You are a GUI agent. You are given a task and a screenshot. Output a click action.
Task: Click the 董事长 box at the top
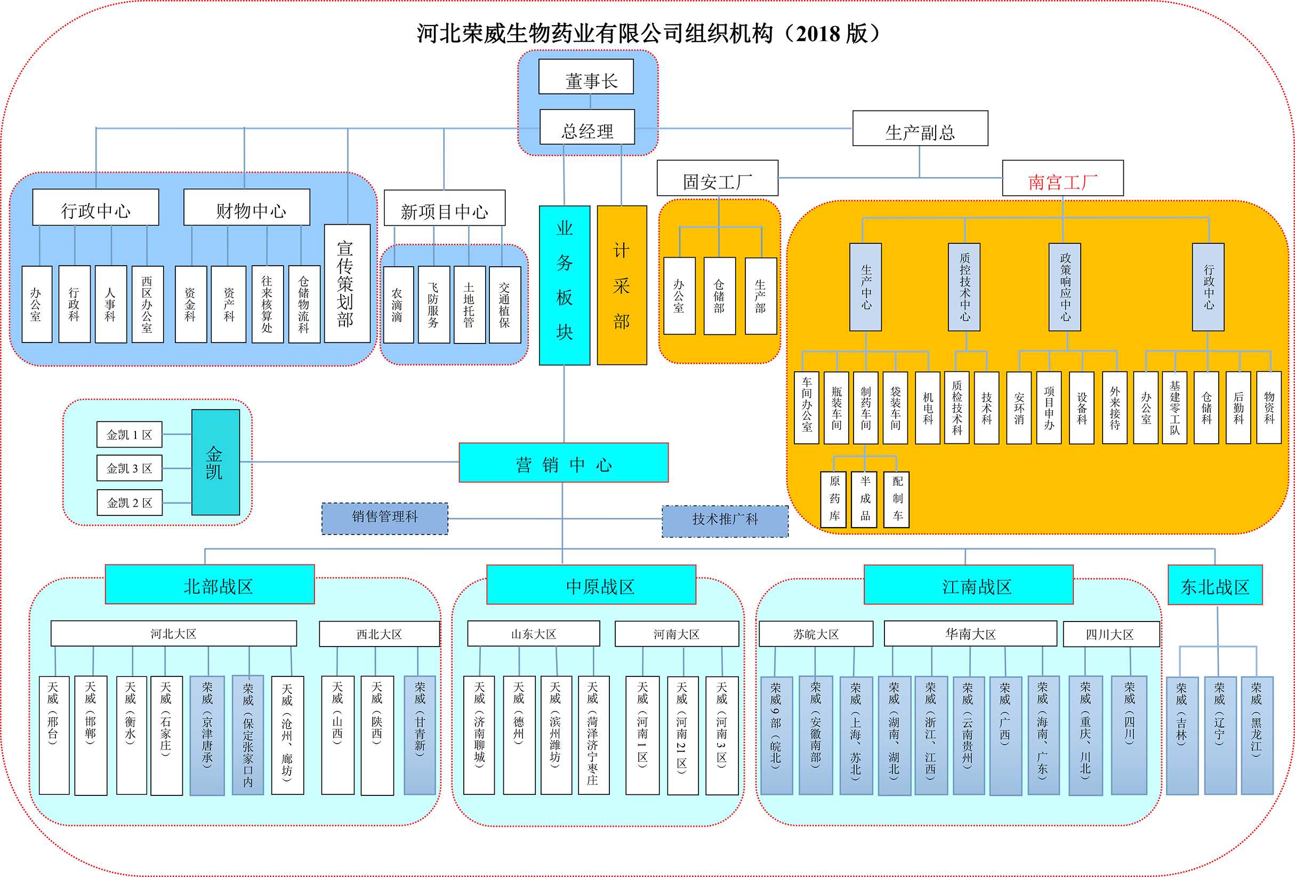pos(586,77)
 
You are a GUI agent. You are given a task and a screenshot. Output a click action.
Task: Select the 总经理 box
pos(588,127)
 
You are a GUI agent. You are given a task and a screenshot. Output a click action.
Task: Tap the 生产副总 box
pos(920,129)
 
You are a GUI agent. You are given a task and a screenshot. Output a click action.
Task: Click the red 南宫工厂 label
pos(1063,178)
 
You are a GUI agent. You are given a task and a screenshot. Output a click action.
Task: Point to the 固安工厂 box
pos(717,178)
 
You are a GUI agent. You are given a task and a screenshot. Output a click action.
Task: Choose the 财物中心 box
pos(247,208)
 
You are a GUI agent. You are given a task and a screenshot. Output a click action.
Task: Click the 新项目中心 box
pos(445,208)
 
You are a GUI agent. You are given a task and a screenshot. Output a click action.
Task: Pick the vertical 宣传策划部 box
pos(347,283)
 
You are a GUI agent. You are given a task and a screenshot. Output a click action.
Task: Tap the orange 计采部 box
pos(622,285)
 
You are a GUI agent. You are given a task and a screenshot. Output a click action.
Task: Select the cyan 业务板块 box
pos(565,285)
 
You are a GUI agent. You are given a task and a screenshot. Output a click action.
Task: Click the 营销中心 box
pos(564,463)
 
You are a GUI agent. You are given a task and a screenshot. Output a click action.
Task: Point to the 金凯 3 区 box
pos(129,468)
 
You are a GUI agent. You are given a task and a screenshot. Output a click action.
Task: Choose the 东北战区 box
pos(1214,585)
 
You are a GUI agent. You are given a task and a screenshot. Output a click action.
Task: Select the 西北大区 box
pos(380,634)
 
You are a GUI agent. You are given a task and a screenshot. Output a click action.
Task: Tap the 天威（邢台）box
pos(54,735)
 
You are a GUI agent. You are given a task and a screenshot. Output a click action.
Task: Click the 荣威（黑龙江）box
pos(1257,735)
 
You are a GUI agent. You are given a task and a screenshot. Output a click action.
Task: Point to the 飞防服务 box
pos(433,305)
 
